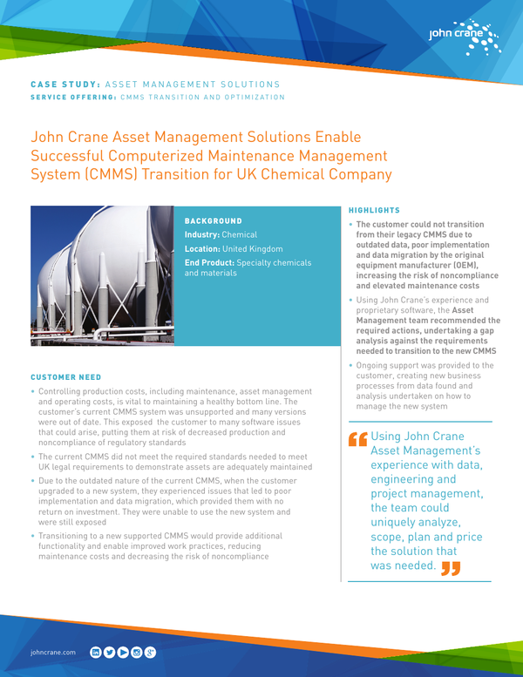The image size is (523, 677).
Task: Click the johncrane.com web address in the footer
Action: [53, 652]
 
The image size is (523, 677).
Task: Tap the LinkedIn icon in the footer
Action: [96, 652]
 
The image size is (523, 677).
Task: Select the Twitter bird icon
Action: [110, 652]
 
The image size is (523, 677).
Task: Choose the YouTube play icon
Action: [123, 652]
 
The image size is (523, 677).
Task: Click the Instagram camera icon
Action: [137, 652]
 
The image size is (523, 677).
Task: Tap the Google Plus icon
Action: [151, 652]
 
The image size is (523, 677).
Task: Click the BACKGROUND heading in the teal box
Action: [214, 221]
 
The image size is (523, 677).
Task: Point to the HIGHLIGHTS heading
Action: [374, 211]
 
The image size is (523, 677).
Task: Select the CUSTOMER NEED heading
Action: [65, 377]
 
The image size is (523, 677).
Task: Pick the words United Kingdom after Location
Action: [252, 249]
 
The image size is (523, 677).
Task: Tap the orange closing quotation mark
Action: [450, 569]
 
